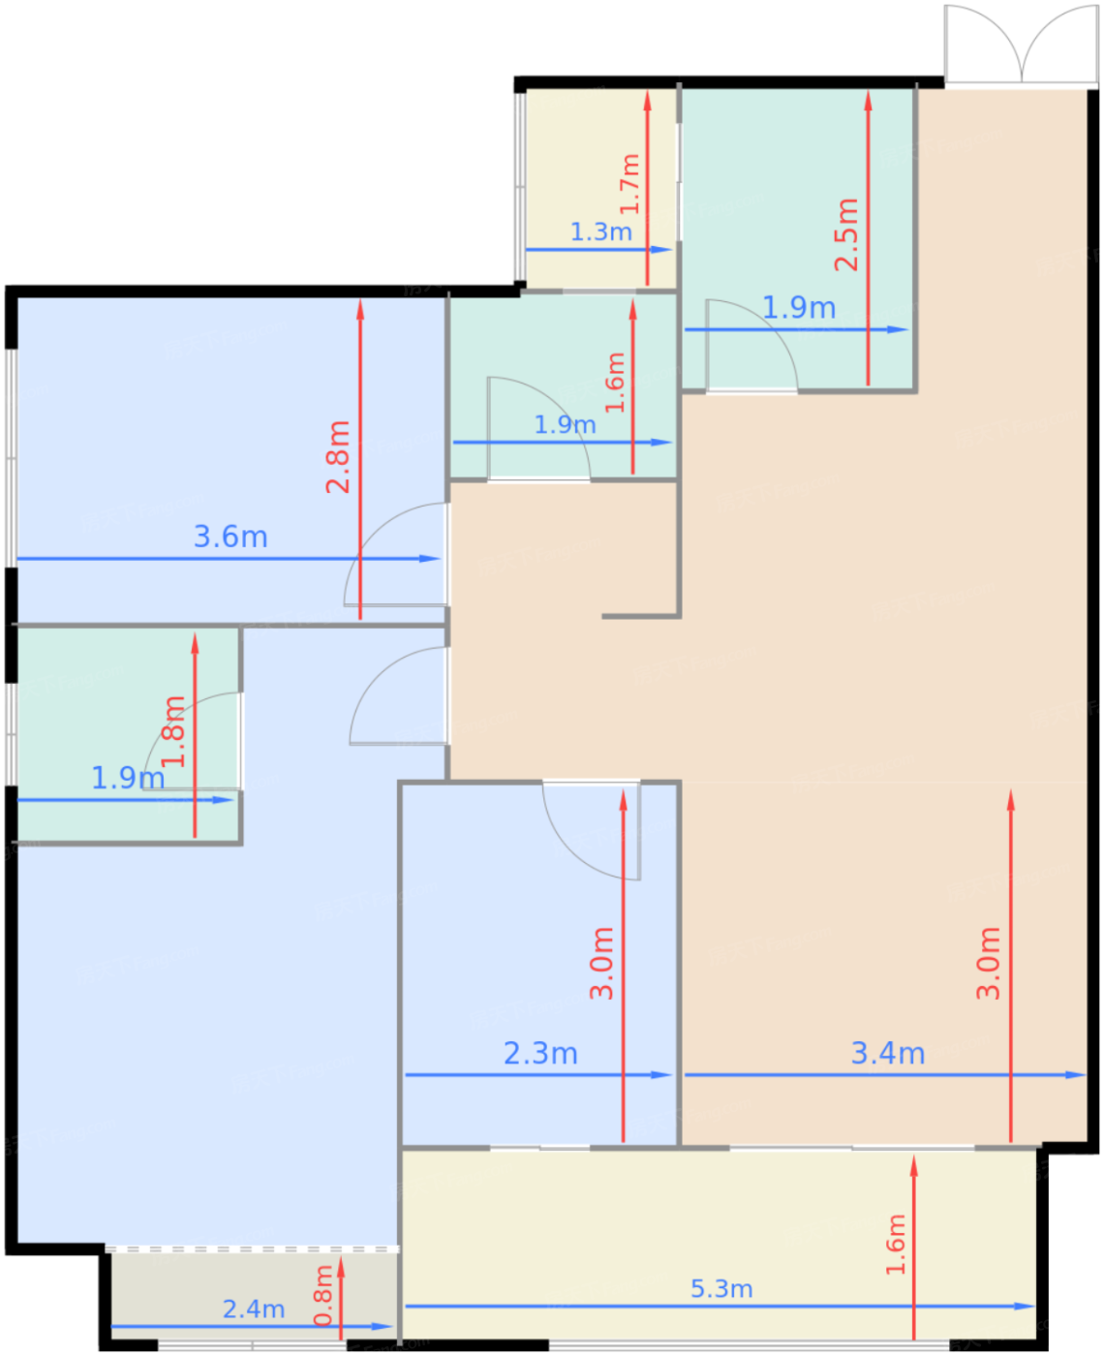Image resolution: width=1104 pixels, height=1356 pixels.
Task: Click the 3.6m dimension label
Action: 230,537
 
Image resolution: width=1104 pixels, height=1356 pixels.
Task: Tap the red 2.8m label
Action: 338,457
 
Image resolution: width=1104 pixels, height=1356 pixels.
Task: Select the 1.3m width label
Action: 600,231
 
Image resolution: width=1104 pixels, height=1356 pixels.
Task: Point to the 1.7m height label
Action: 629,184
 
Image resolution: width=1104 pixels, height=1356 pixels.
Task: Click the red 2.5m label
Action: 846,234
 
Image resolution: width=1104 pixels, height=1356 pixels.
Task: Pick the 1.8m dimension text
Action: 173,731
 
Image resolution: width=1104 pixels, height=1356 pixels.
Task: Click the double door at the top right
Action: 1022,45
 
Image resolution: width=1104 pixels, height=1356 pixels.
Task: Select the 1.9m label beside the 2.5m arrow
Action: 799,307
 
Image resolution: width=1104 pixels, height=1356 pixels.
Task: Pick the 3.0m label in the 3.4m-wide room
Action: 988,964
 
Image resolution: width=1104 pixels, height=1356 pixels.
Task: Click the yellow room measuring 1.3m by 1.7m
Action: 600,189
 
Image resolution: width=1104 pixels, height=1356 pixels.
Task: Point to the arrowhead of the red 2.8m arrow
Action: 360,309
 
